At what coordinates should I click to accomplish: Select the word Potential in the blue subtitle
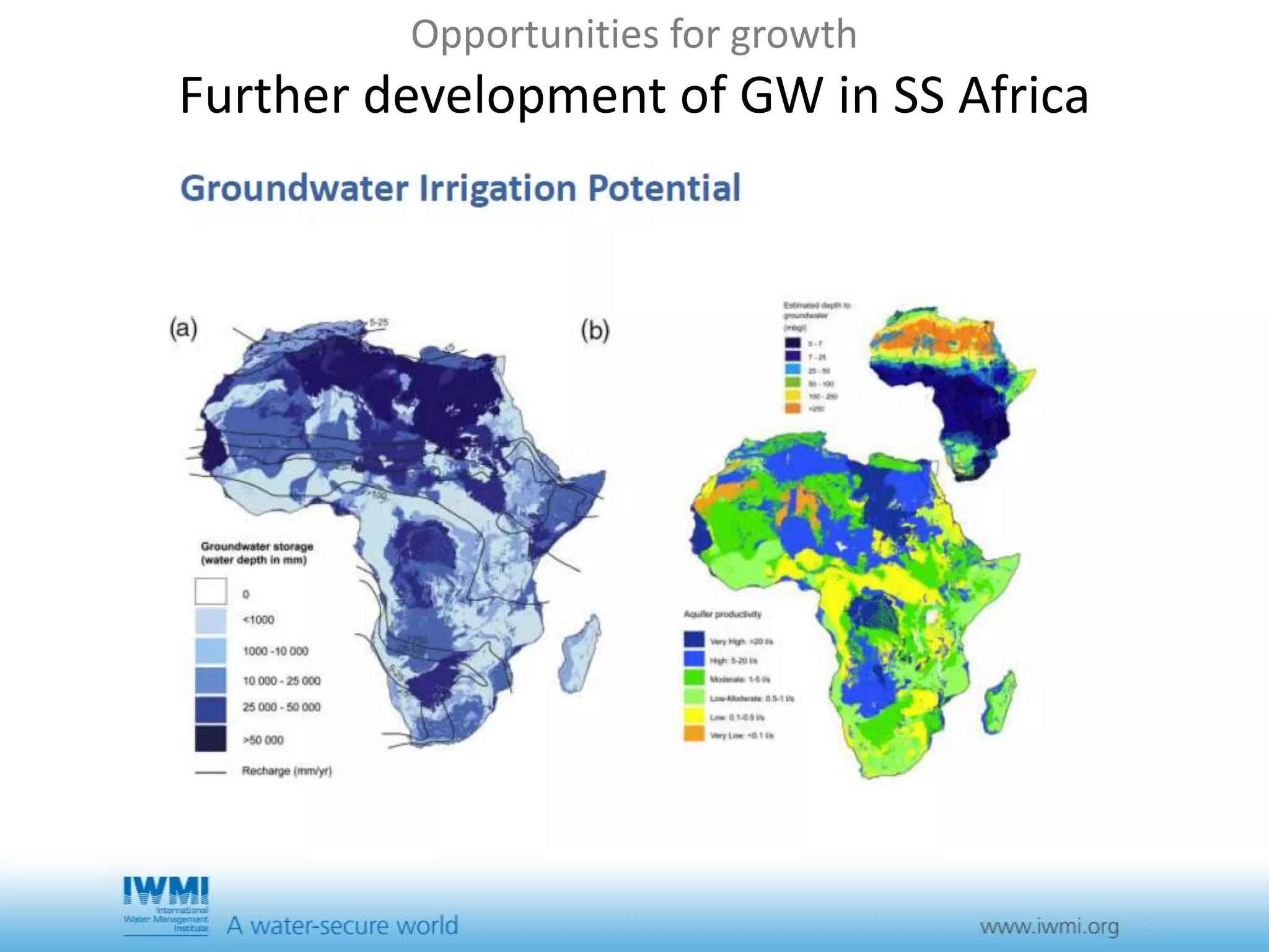tap(664, 188)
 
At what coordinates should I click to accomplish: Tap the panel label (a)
tap(183, 328)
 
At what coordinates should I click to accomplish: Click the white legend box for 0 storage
tap(211, 592)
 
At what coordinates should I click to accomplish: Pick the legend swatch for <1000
tap(211, 620)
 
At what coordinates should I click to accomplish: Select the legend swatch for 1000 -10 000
tap(211, 651)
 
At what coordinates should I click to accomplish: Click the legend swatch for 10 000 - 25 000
tap(211, 680)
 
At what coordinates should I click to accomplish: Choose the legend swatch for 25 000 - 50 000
tap(211, 708)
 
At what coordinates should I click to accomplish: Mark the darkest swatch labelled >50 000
tap(211, 739)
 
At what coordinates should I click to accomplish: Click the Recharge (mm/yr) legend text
tap(286, 771)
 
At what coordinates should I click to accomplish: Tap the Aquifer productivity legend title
tap(722, 614)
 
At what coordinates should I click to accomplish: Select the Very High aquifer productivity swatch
tap(694, 640)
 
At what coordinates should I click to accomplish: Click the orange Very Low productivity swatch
tap(694, 734)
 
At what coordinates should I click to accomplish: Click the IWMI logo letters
tap(166, 891)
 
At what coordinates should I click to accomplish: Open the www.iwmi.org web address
tap(1049, 927)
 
